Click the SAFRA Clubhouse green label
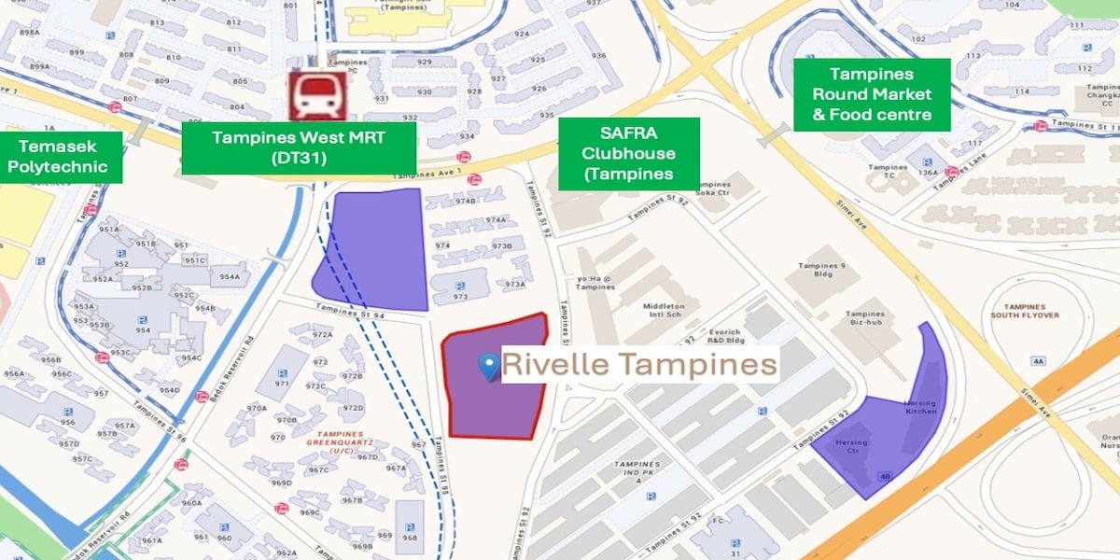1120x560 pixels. [629, 154]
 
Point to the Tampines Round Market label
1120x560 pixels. [872, 94]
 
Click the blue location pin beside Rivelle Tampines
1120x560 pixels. [488, 367]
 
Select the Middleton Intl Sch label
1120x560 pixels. [664, 310]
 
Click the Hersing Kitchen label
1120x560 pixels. [920, 407]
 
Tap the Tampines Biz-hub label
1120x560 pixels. [865, 318]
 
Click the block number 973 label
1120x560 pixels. [460, 297]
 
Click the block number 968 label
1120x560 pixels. [410, 537]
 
